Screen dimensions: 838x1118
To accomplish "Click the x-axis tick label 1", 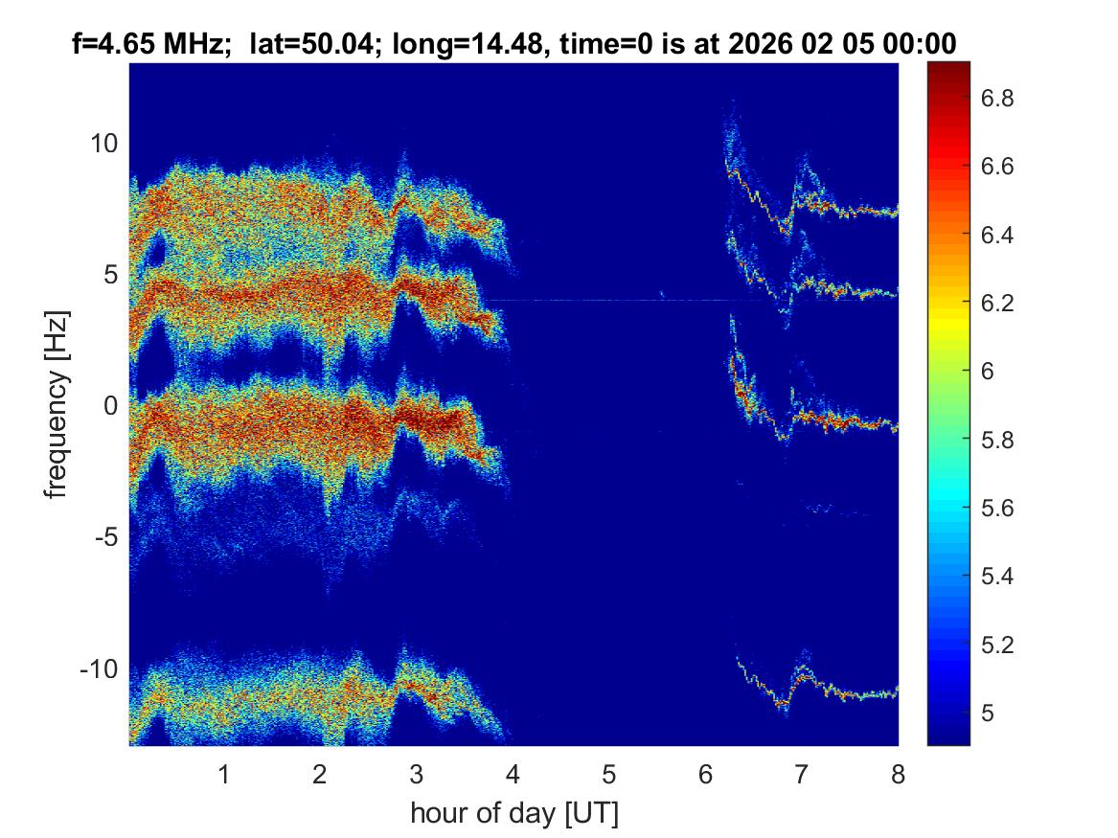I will [224, 774].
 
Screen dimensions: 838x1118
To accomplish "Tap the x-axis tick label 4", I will [513, 774].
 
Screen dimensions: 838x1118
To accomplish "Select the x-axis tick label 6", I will [705, 774].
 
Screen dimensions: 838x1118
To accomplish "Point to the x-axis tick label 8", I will [898, 774].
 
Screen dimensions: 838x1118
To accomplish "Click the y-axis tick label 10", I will [103, 144].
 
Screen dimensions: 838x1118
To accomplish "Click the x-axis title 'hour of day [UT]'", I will [513, 813].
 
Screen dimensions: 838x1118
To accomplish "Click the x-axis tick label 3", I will [416, 774].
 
